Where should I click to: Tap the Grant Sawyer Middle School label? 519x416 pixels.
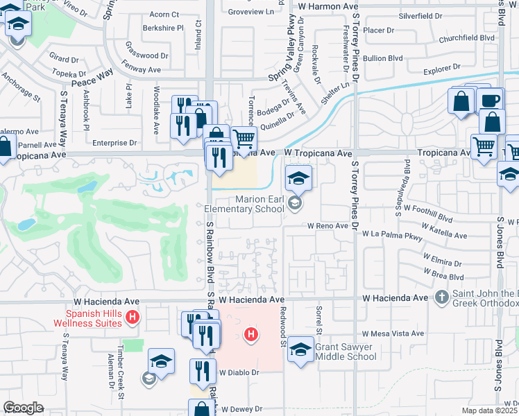346,352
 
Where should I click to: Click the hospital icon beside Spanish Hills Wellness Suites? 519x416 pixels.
134,319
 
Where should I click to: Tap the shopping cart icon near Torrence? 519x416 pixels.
244,140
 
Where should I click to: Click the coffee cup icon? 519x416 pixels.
490,101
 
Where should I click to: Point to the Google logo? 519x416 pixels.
23,408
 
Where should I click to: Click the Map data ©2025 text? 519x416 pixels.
490,410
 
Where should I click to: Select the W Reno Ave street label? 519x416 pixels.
328,226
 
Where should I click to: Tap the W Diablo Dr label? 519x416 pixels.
239,372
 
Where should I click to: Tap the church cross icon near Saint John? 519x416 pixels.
441,297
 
